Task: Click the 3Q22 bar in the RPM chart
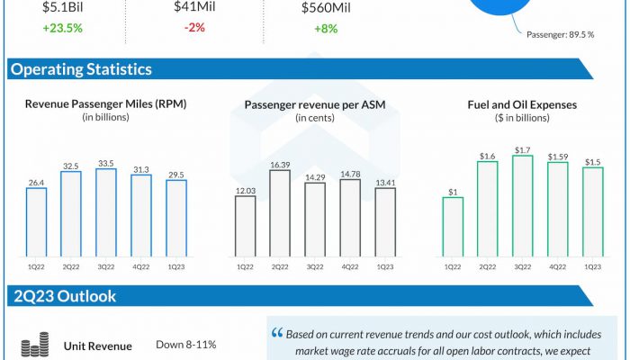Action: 106,213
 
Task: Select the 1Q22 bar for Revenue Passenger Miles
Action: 36,222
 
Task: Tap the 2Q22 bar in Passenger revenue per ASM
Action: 279,214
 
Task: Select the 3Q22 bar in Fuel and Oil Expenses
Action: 523,206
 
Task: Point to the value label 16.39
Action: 279,165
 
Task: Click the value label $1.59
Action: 558,157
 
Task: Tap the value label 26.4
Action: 36,182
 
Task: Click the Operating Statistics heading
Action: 82,69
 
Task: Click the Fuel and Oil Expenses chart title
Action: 522,105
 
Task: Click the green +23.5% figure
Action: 62,27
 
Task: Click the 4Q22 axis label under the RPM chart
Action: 141,266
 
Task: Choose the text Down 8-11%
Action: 185,346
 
